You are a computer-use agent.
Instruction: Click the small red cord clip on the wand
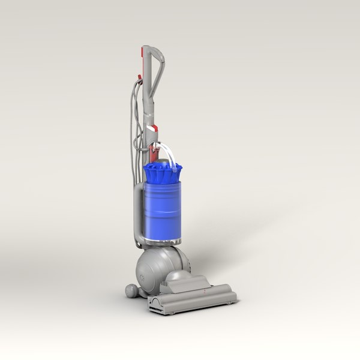139,77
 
